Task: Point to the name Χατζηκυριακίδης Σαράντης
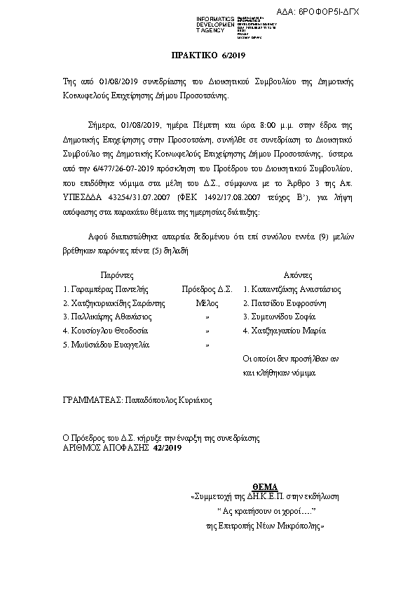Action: (x=113, y=303)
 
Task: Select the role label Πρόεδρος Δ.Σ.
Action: (x=206, y=288)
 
